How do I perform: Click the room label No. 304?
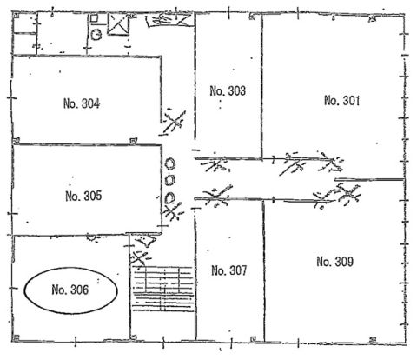(x=82, y=103)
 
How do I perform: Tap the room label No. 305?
(x=83, y=196)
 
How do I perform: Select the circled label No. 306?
(x=70, y=290)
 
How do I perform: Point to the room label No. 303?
(x=228, y=90)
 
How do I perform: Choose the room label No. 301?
(x=341, y=101)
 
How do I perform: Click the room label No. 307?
(x=229, y=270)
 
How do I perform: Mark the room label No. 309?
(x=334, y=262)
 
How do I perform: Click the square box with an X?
(x=118, y=24)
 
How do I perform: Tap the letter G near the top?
(x=96, y=35)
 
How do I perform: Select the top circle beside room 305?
(x=170, y=163)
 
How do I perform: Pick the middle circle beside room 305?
(x=170, y=180)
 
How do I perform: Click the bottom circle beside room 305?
(x=169, y=198)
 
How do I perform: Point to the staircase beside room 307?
(x=163, y=289)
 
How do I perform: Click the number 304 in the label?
(x=90, y=103)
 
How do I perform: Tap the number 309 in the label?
(x=344, y=262)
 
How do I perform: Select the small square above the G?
(x=94, y=18)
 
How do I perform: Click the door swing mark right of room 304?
(x=174, y=123)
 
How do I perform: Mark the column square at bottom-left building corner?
(x=16, y=338)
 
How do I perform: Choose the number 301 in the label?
(x=351, y=101)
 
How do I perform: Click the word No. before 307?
(x=218, y=270)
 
